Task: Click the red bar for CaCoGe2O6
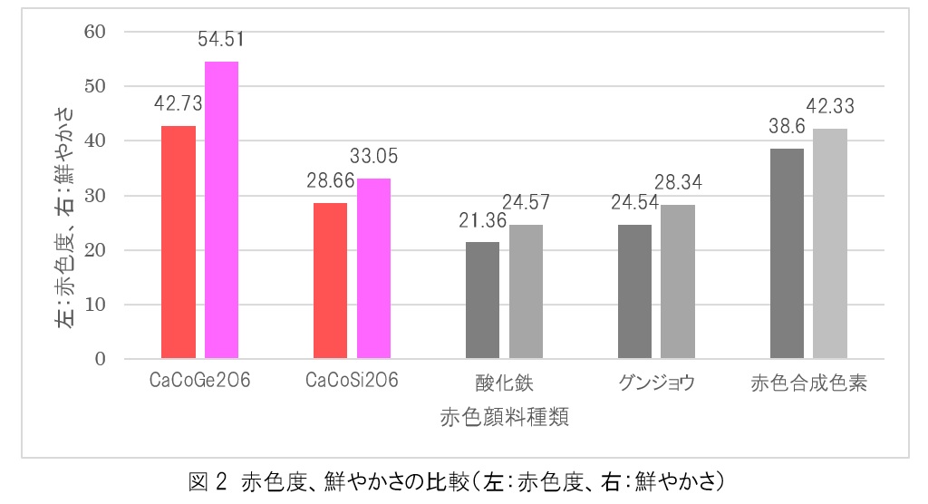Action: (x=179, y=242)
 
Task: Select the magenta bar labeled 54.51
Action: (x=221, y=210)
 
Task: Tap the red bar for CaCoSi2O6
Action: (x=331, y=281)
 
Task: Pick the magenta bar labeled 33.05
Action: (x=373, y=268)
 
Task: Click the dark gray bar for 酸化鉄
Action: (x=482, y=300)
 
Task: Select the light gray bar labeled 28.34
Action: (x=678, y=282)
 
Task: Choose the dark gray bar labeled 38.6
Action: (x=787, y=254)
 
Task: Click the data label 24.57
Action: (x=526, y=202)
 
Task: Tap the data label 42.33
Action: (x=830, y=107)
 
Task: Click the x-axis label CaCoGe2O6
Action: (x=199, y=383)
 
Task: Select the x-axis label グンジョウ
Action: (x=657, y=383)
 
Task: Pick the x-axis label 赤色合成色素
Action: (x=809, y=383)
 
